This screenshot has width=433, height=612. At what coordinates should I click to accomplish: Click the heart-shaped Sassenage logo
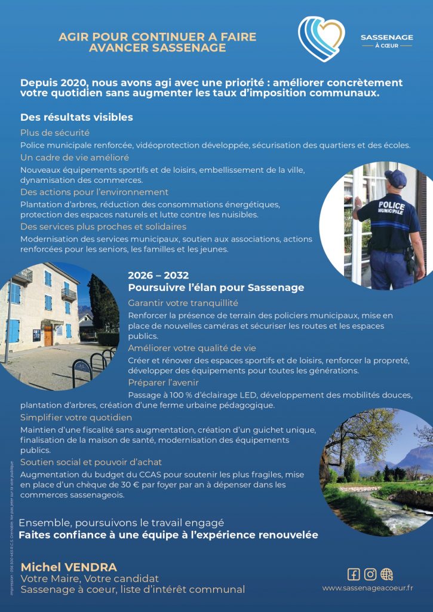[x=321, y=39]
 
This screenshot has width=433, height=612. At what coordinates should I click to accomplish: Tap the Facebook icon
[x=354, y=574]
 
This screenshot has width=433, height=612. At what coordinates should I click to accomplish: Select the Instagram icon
[x=370, y=574]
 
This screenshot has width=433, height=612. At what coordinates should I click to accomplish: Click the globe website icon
[x=387, y=574]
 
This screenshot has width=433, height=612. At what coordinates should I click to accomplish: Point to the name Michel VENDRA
[x=69, y=567]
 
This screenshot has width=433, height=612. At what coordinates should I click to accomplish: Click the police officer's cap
[x=395, y=176]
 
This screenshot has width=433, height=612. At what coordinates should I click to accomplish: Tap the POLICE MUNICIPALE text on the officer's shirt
[x=391, y=209]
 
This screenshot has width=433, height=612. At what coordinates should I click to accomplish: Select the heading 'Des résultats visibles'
[x=76, y=117]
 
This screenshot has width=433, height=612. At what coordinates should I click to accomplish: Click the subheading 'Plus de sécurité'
[x=55, y=133]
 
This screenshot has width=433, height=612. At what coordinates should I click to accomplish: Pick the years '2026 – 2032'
[x=158, y=276]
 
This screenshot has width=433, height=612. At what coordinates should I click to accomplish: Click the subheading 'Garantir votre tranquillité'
[x=183, y=303]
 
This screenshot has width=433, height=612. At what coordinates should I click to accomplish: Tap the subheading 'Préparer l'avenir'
[x=163, y=382]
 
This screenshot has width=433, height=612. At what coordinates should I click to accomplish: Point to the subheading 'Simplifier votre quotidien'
[x=76, y=417]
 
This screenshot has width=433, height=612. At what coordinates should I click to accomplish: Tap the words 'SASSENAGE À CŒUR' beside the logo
[x=386, y=41]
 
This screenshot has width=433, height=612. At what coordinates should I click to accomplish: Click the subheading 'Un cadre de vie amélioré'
[x=75, y=158]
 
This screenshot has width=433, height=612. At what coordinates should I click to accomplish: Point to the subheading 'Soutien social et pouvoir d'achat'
[x=91, y=462]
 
